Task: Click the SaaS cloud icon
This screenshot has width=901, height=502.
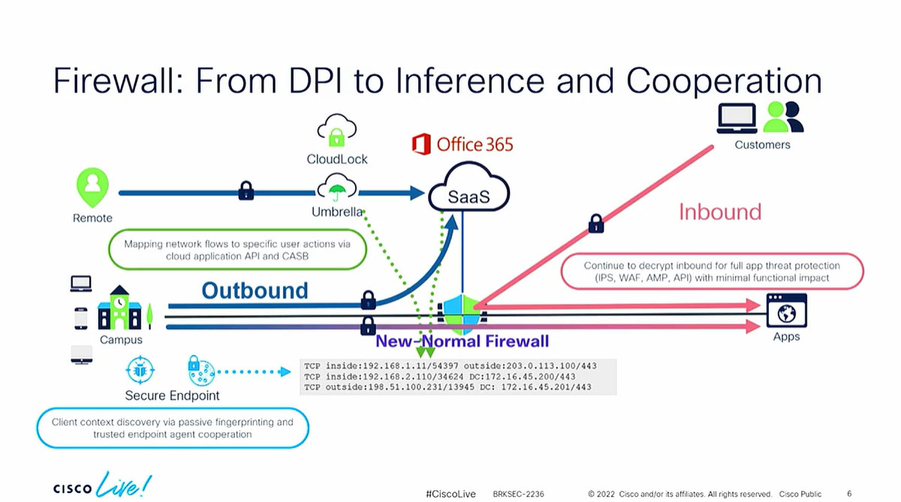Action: coord(469,195)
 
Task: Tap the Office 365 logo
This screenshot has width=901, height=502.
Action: coord(463,144)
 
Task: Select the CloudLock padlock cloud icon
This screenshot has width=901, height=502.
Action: coord(336,131)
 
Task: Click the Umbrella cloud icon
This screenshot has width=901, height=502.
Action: coord(336,187)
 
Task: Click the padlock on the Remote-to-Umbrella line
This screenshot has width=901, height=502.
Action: coord(246,192)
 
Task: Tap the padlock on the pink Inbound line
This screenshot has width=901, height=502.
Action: coord(596,223)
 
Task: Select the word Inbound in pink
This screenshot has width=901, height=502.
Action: coord(719,212)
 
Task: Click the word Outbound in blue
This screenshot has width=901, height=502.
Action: coord(255,290)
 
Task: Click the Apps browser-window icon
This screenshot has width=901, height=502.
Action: coord(786,310)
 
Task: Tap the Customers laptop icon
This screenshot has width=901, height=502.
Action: coord(737,118)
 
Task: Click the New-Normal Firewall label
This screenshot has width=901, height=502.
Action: coord(463,341)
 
